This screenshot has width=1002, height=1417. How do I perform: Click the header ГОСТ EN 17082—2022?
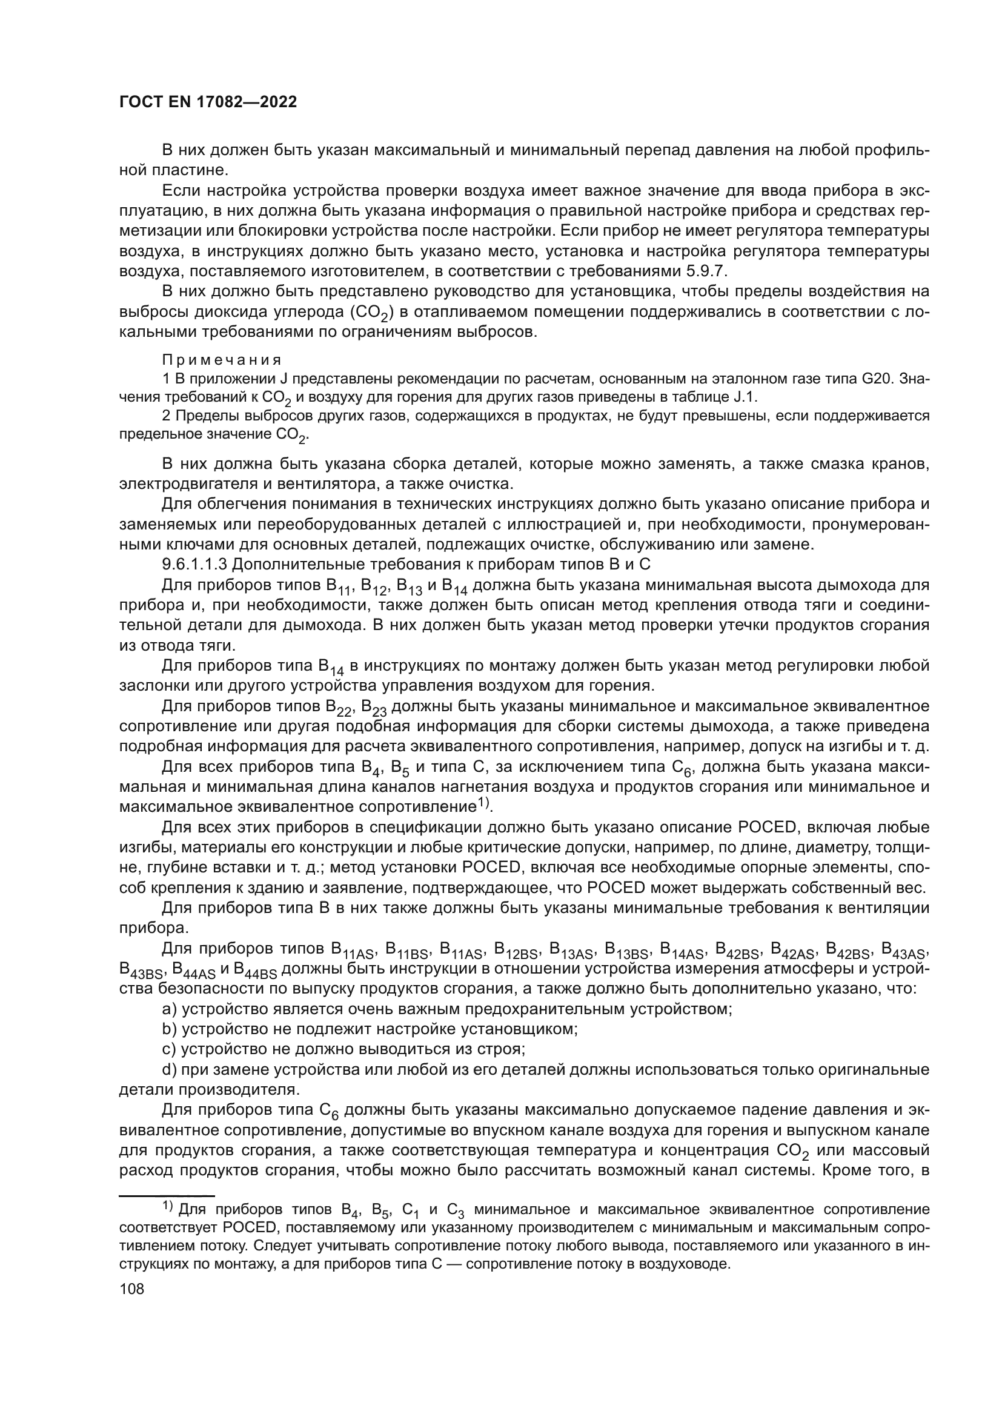coord(208,102)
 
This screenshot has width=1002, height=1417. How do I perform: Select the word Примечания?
coord(222,360)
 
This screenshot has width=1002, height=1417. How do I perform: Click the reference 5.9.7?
coord(708,271)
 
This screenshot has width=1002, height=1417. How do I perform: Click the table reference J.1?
coord(745,396)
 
